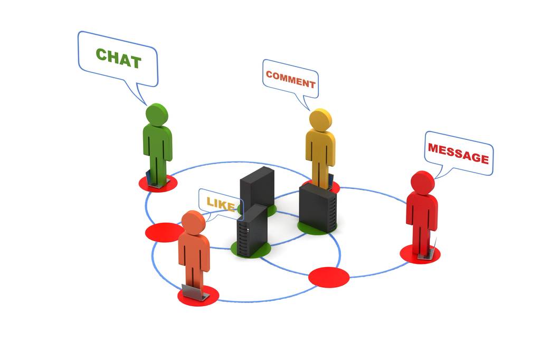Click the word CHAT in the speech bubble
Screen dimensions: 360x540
click(x=118, y=58)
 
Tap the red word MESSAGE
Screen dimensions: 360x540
click(x=458, y=153)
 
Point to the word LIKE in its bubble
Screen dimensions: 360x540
click(x=220, y=204)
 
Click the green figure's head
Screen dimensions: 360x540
click(x=157, y=115)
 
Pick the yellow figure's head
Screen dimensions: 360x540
click(x=320, y=120)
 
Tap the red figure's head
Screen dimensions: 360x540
click(x=422, y=182)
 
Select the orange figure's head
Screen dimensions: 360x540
click(x=193, y=222)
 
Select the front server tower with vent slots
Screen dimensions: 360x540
click(x=251, y=231)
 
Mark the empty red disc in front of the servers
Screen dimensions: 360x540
click(x=329, y=277)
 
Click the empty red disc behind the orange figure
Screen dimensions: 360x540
click(x=164, y=232)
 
